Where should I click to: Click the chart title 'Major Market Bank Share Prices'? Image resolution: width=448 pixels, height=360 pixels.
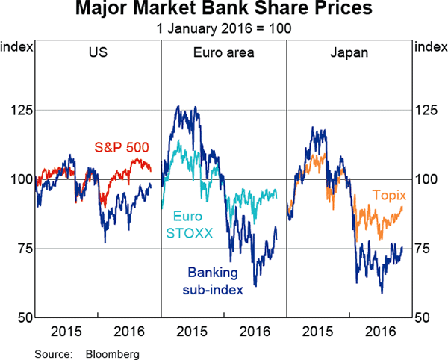pyautogui.click(x=223, y=10)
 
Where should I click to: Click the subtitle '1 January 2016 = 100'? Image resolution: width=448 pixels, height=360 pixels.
pyautogui.click(x=223, y=28)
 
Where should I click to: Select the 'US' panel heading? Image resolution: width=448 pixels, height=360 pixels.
pyautogui.click(x=97, y=52)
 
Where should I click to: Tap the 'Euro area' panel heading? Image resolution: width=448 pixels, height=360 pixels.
pyautogui.click(x=223, y=52)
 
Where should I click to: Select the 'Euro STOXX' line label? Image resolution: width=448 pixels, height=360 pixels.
pyautogui.click(x=188, y=224)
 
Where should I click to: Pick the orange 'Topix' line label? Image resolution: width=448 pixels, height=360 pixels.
pyautogui.click(x=389, y=196)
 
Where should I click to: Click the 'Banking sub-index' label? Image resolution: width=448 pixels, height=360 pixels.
pyautogui.click(x=215, y=280)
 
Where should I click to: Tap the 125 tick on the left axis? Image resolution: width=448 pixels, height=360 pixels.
pyautogui.click(x=21, y=111)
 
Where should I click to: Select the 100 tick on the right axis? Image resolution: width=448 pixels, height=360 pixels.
pyautogui.click(x=427, y=179)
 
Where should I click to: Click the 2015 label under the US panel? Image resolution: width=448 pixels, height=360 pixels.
pyautogui.click(x=67, y=330)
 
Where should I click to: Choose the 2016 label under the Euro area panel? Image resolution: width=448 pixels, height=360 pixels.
pyautogui.click(x=255, y=330)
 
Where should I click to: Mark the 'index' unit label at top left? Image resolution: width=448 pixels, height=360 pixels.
pyautogui.click(x=16, y=47)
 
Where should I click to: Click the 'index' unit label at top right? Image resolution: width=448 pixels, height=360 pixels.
pyautogui.click(x=430, y=47)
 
